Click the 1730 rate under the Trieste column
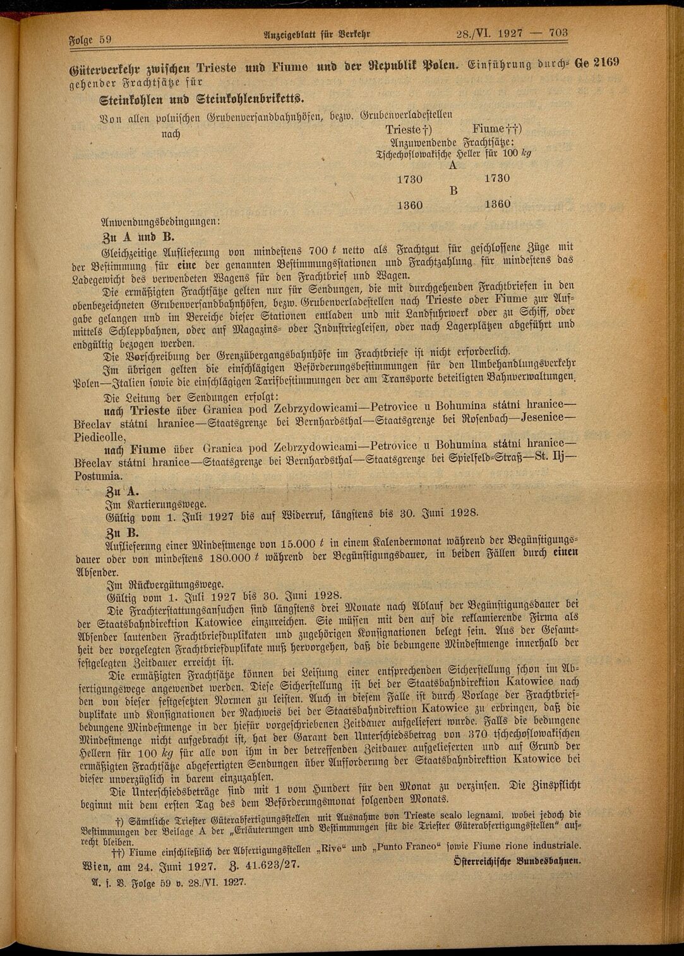click(409, 179)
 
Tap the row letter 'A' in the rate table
click(452, 166)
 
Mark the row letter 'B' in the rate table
click(452, 191)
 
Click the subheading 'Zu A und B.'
click(138, 238)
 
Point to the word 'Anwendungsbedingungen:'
click(160, 222)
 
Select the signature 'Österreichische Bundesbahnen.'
click(517, 861)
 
